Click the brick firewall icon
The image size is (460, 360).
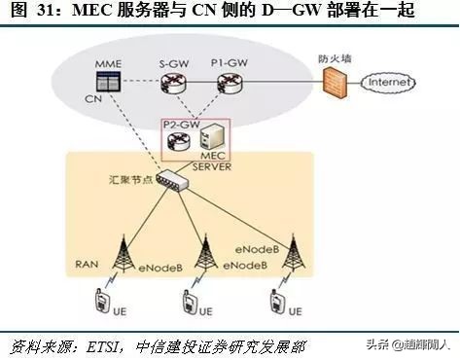tap(331, 85)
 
